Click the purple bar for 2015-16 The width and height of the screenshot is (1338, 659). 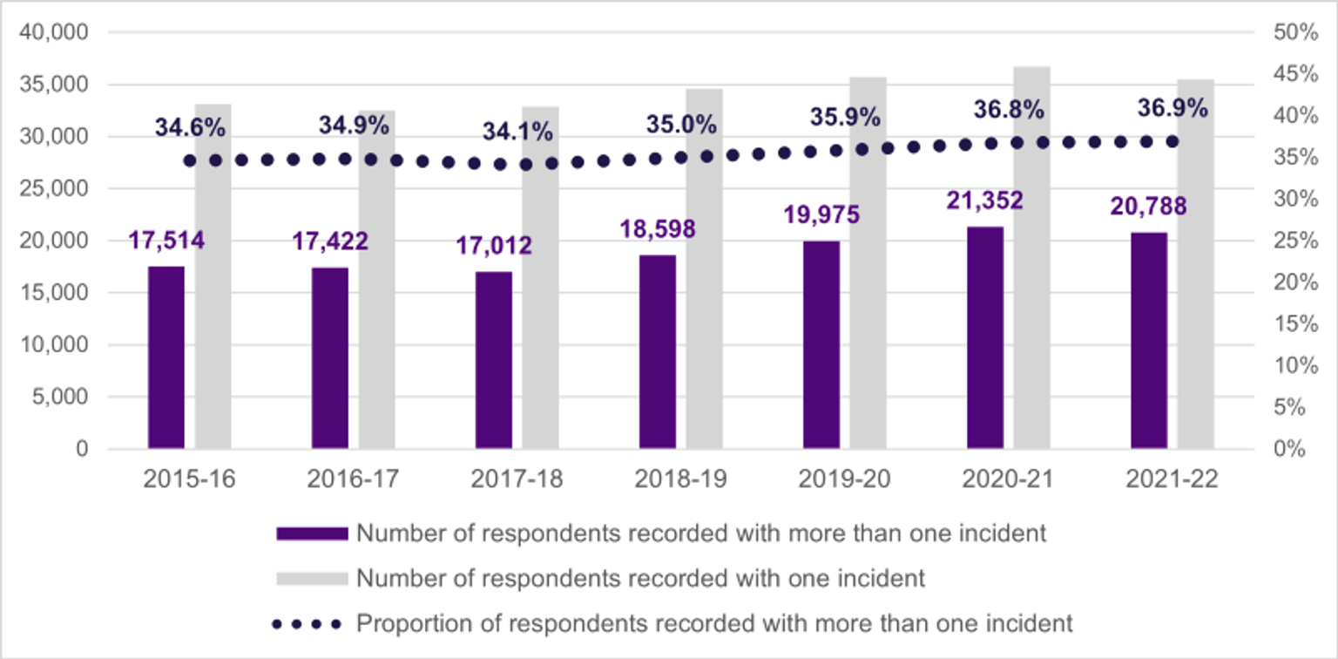pos(166,357)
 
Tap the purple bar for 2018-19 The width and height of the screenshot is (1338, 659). pos(657,352)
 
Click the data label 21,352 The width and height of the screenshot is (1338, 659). pos(986,200)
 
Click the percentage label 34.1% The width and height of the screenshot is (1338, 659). pos(518,132)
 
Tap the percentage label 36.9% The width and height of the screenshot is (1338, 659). pos(1172,109)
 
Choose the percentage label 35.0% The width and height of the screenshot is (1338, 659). pos(681,125)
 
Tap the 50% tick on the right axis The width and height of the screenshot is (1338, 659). pos(1296,32)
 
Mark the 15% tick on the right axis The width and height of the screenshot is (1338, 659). pos(1296,324)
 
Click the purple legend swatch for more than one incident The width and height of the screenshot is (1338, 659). pos(311,533)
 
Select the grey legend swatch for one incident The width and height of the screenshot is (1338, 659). pos(311,578)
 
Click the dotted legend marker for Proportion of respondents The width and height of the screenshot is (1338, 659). pos(311,624)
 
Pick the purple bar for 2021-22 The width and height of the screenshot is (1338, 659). pos(1148,341)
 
